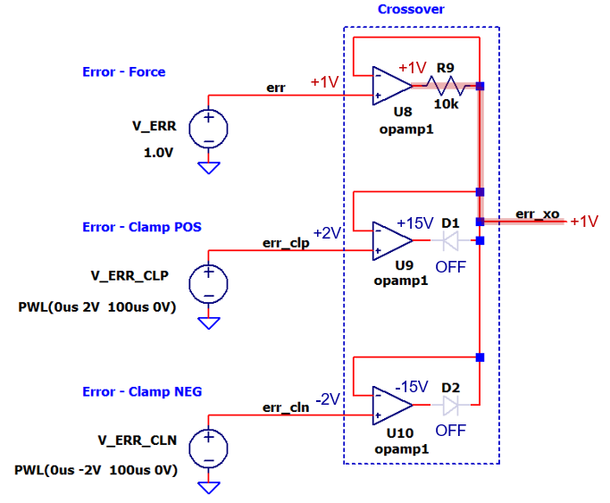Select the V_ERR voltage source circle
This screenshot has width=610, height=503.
209,128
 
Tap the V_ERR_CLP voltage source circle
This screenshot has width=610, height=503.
209,283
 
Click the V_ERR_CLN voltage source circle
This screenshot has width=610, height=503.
209,448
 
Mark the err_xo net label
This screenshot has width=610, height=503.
538,214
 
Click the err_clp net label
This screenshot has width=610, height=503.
285,242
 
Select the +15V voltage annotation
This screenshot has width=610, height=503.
415,222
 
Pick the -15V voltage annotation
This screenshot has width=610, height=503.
415,387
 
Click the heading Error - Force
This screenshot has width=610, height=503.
123,71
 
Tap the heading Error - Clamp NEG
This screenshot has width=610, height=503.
142,391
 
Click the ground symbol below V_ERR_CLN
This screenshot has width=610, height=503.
209,487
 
